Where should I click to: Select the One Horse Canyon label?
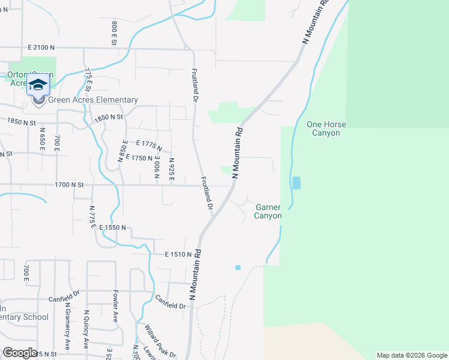pyautogui.click(x=327, y=128)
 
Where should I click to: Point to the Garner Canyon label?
pyautogui.click(x=268, y=211)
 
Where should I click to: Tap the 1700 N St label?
pyautogui.click(x=71, y=186)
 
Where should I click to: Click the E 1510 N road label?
pyautogui.click(x=178, y=254)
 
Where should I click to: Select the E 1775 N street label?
pyautogui.click(x=149, y=145)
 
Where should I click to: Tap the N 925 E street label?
pyautogui.click(x=172, y=170)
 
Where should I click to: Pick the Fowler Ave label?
pyautogui.click(x=115, y=307)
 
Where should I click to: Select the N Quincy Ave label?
pyautogui.click(x=86, y=329)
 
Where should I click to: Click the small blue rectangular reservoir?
pyautogui.click(x=296, y=182)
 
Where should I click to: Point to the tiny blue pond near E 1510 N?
pyautogui.click(x=238, y=267)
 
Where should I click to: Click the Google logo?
pyautogui.click(x=20, y=352)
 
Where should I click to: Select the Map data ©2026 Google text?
pyautogui.click(x=411, y=355)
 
